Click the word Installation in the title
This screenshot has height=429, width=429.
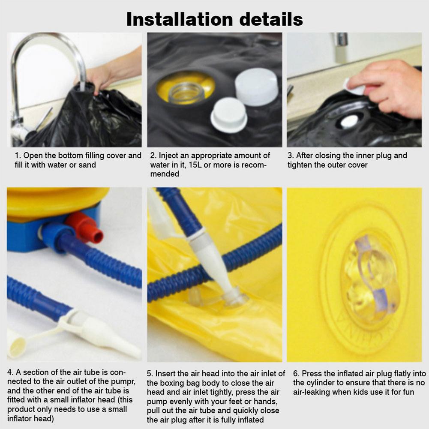pos(180,19)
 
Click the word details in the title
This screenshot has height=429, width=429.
pos(271,19)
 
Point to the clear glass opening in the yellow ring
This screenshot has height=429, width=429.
pos(186,93)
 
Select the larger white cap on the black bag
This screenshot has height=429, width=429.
pos(257,87)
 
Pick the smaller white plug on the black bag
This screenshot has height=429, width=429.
pos(229,115)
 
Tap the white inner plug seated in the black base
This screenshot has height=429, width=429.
pos(349,121)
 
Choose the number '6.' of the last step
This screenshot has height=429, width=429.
pos(296,374)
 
